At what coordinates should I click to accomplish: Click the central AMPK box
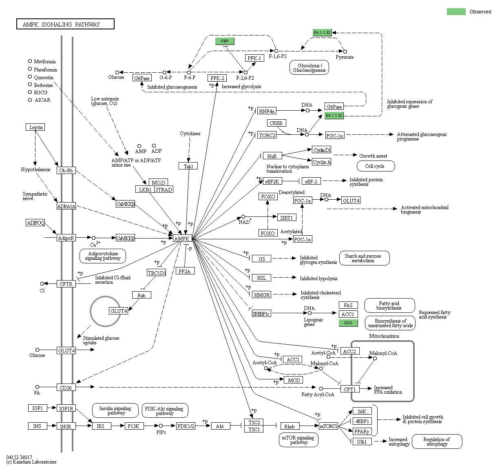(182, 239)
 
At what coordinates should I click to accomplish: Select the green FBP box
(225, 41)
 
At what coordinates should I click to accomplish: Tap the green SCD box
(348, 323)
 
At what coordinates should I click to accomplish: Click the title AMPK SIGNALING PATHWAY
(65, 25)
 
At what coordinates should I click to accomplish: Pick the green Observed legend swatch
(456, 12)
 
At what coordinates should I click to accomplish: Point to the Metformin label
(45, 62)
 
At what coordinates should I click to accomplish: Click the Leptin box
(35, 127)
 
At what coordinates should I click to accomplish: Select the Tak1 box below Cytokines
(188, 166)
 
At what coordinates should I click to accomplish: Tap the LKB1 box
(145, 190)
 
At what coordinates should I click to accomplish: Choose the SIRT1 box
(286, 218)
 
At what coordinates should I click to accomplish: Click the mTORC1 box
(328, 426)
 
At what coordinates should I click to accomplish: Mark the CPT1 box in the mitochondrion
(350, 389)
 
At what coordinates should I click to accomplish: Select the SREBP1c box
(261, 314)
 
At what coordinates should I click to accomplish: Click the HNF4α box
(267, 111)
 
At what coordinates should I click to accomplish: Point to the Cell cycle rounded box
(375, 166)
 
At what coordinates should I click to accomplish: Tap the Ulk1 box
(362, 441)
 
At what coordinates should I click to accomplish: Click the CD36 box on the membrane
(66, 388)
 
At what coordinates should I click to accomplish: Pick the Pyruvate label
(345, 57)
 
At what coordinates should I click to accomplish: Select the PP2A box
(185, 271)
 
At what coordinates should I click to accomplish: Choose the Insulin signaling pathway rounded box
(115, 410)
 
